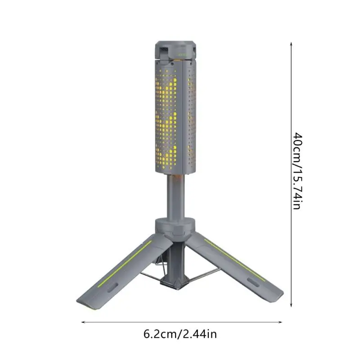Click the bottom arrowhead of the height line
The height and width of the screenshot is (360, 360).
point(291,306)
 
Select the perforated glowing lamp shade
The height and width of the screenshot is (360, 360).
point(175,117)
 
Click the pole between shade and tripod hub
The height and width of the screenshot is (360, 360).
point(176,196)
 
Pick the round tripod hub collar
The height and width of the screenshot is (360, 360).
point(176,225)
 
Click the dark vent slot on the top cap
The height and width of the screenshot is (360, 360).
point(163,49)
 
